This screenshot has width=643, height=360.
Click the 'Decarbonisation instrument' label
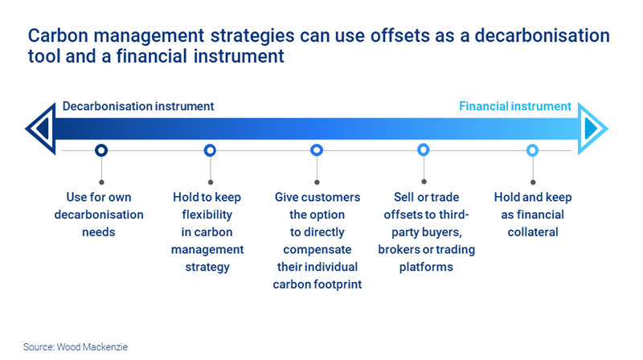[x=138, y=106]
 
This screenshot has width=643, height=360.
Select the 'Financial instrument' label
[x=515, y=106]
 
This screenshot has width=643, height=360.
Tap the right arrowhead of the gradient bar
[x=593, y=129]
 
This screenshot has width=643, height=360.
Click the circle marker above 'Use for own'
[x=101, y=150]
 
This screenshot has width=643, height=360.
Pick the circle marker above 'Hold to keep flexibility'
[x=210, y=150]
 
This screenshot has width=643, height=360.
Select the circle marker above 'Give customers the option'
[x=317, y=150]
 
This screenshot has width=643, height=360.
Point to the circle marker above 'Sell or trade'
[x=424, y=150]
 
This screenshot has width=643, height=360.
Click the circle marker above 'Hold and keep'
[x=532, y=150]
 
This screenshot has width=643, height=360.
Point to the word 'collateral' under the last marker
[x=531, y=232]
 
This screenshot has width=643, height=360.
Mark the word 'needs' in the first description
[x=99, y=232]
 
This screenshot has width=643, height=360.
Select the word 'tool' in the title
[x=44, y=59]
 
